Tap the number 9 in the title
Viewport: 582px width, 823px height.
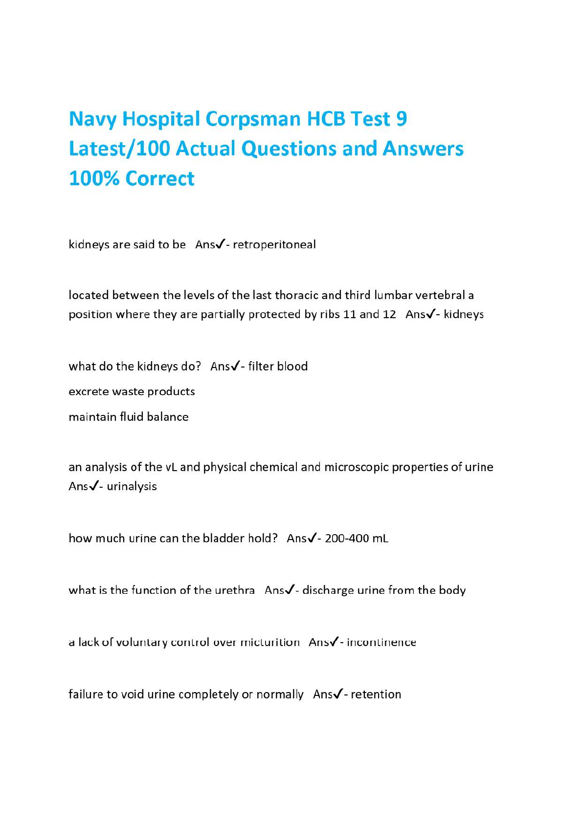tap(402, 119)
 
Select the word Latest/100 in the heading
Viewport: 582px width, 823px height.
tap(119, 149)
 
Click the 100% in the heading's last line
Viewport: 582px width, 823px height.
tap(94, 178)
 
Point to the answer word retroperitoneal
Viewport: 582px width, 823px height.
tap(274, 244)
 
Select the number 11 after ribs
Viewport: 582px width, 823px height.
tap(349, 314)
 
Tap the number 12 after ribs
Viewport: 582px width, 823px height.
tap(389, 314)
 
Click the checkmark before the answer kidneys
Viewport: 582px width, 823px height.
tap(430, 314)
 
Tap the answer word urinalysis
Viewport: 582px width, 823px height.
tap(132, 486)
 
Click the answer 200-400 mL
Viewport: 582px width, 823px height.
tap(357, 539)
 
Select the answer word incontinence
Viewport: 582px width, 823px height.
tap(381, 642)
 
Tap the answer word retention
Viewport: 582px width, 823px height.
tap(376, 694)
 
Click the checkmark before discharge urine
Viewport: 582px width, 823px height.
tap(289, 590)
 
